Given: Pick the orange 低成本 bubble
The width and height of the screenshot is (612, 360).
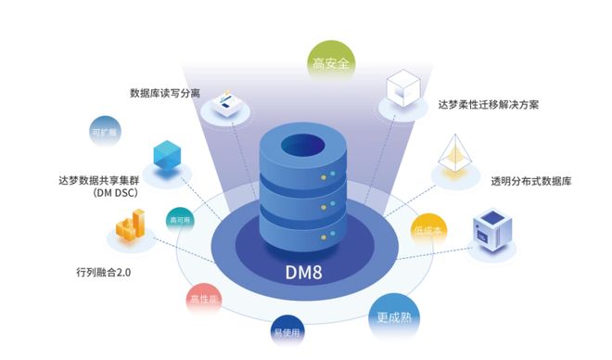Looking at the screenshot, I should [429, 229].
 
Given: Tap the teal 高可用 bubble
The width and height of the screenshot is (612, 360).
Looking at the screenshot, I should [180, 221].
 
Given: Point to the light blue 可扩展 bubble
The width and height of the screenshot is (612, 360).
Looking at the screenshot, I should [103, 132].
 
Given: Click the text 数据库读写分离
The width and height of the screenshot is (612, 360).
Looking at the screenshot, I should [165, 93].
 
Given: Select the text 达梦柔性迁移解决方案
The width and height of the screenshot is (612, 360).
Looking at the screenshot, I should [488, 105].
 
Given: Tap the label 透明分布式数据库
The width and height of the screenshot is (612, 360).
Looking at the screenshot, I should [531, 181].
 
